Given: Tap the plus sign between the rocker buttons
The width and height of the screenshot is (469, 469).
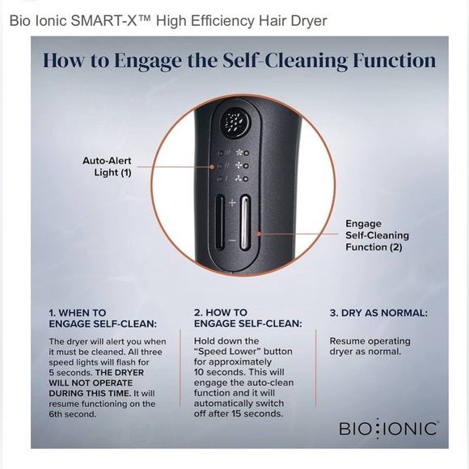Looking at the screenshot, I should (232, 202).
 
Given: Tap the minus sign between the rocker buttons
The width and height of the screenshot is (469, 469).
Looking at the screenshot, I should (232, 240).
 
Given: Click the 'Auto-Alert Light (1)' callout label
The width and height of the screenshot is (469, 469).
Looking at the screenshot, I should (107, 167).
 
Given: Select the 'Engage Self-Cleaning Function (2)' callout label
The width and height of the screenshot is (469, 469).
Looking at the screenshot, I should (377, 235).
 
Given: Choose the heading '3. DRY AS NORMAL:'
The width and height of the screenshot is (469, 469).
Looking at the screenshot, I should (378, 313).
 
